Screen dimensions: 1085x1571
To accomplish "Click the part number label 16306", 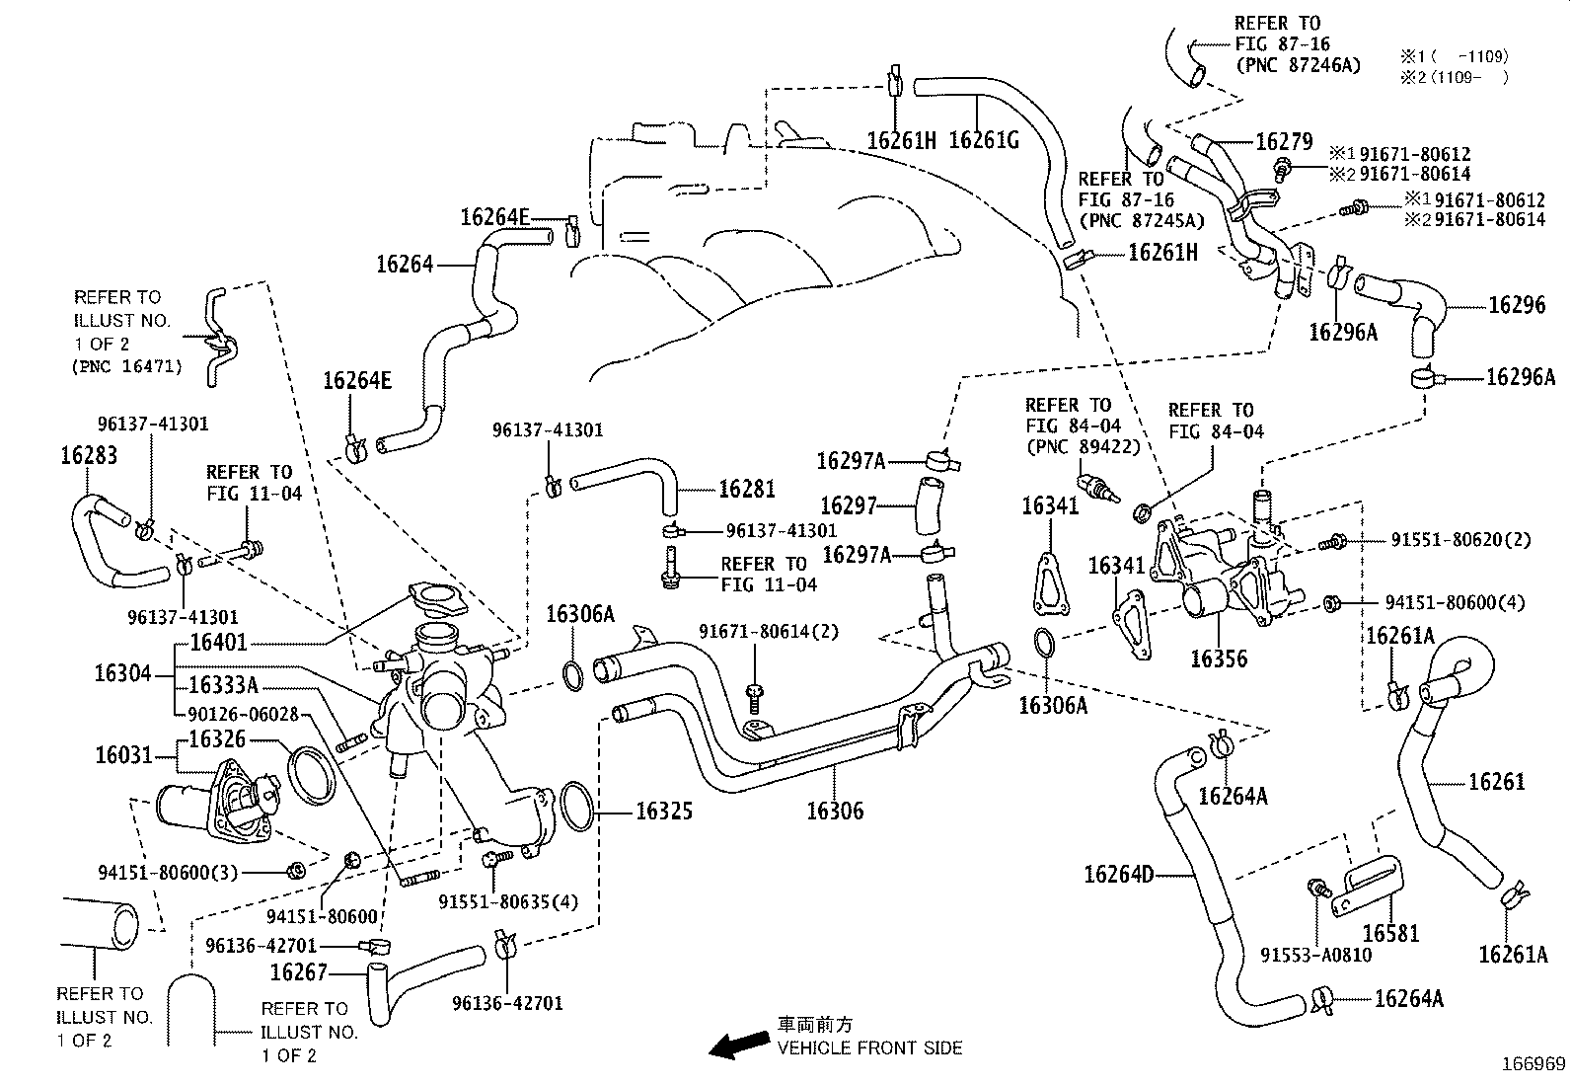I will click(x=835, y=811).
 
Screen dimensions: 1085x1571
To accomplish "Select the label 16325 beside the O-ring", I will click(x=663, y=812).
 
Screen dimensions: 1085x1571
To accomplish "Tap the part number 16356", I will click(x=1219, y=659).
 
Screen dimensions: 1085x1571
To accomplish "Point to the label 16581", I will click(x=1390, y=932).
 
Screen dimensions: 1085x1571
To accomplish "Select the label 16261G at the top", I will click(x=983, y=140).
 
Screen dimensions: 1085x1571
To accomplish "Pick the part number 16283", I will click(x=88, y=455).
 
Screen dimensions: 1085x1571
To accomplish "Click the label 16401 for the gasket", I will click(x=218, y=643).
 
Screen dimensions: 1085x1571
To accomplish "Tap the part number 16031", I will click(x=123, y=755).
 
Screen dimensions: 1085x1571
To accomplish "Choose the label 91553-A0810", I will click(x=1315, y=955).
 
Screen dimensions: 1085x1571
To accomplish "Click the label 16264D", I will click(x=1118, y=874).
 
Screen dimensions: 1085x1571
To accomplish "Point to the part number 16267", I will click(x=298, y=972).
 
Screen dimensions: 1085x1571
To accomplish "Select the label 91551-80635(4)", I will click(x=509, y=901).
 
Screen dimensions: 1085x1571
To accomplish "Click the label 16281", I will click(x=747, y=489).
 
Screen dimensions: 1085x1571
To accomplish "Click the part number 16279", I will click(x=1284, y=142).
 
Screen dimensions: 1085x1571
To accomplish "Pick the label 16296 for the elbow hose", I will click(x=1517, y=305).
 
